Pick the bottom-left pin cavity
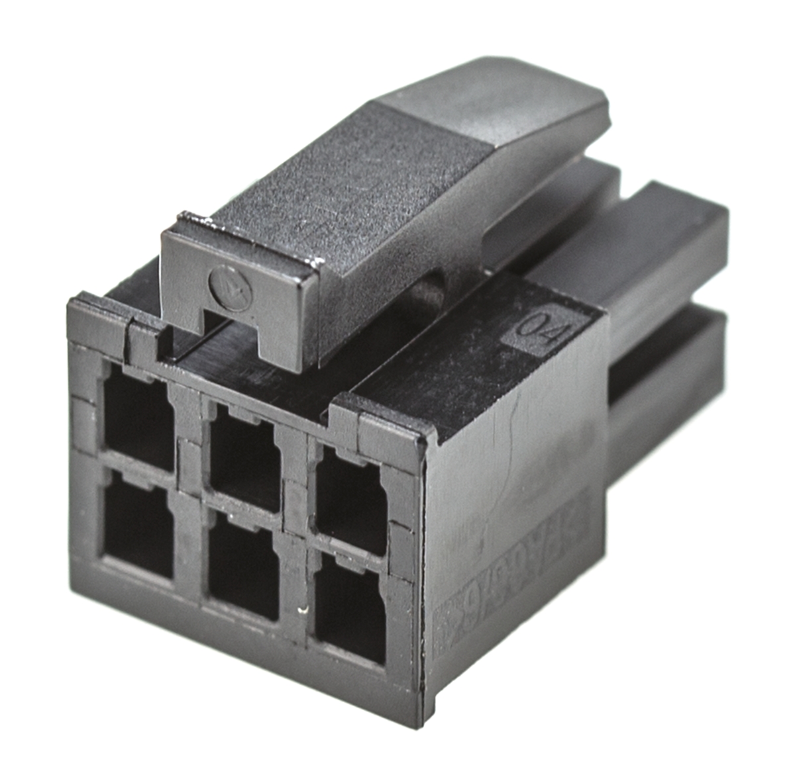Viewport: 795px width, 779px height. coord(138,523)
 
